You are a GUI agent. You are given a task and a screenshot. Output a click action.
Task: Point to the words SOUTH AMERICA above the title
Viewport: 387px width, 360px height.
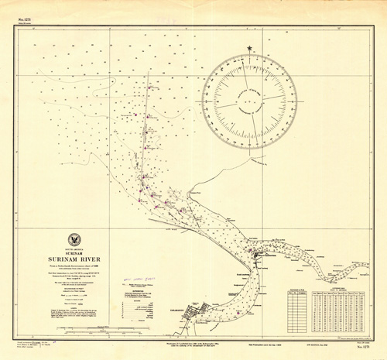pyautogui.click(x=76, y=249)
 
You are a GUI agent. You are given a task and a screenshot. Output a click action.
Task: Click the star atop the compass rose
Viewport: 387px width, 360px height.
pyautogui.click(x=250, y=50)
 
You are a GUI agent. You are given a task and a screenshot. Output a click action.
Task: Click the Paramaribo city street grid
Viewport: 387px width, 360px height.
pyautogui.click(x=203, y=297)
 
